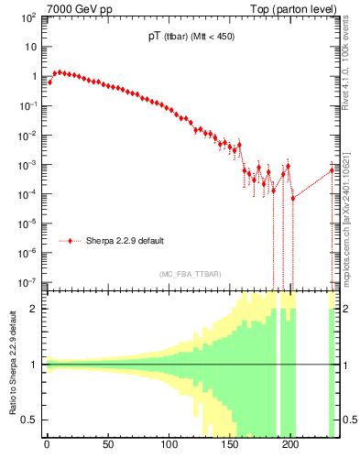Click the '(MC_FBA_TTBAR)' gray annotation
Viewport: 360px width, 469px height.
tap(188, 274)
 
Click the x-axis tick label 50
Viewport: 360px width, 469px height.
tap(108, 446)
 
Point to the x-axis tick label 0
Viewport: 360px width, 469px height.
tap(47, 446)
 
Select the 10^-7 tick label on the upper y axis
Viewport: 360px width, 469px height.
tap(28, 281)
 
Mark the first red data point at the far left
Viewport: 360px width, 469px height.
tap(49, 82)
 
